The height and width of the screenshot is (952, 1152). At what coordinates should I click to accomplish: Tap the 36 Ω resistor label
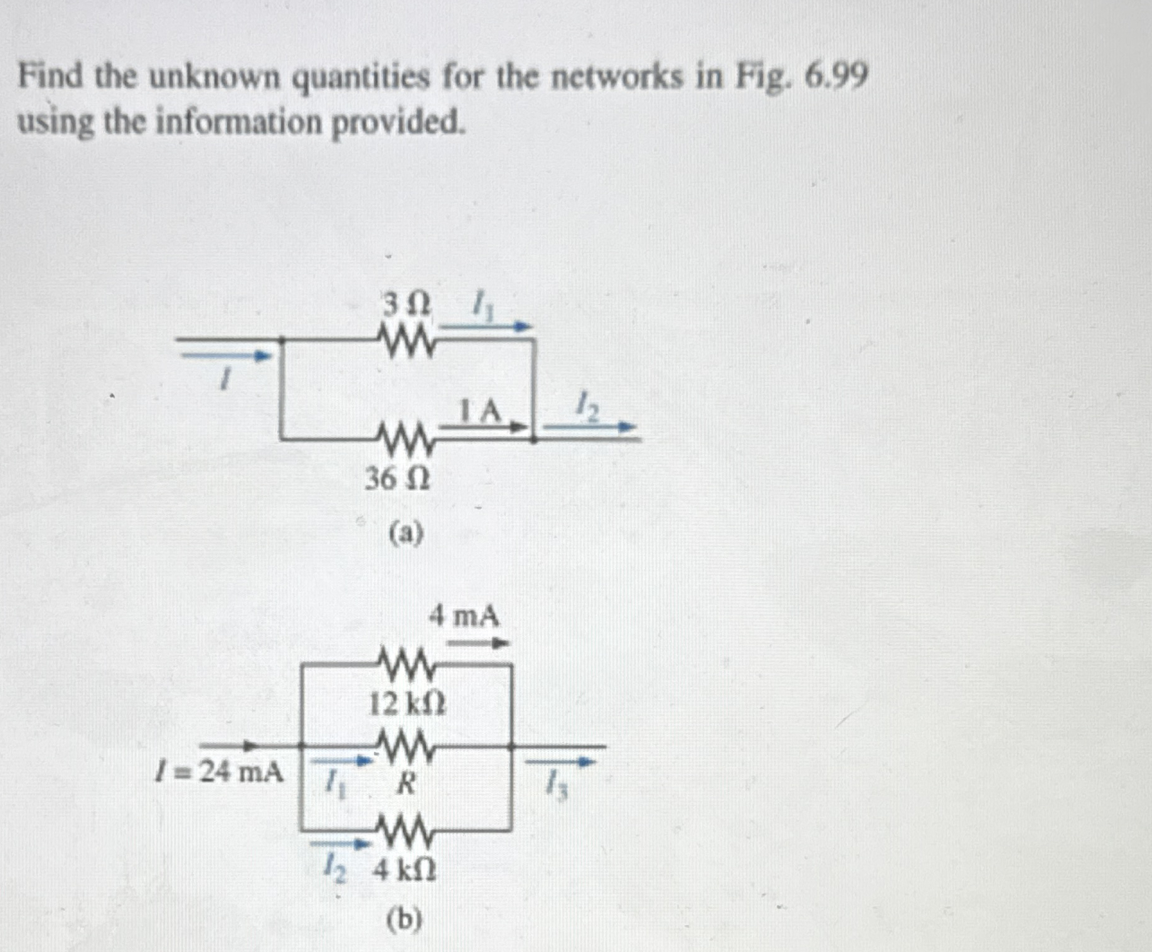tap(398, 480)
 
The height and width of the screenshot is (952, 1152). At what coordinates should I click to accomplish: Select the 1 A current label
tap(482, 412)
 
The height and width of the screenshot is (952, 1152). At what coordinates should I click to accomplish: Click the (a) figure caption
tap(406, 534)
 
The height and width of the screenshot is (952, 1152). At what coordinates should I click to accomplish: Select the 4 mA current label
tap(465, 616)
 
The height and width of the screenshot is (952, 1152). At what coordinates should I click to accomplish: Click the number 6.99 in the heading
tap(836, 77)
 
